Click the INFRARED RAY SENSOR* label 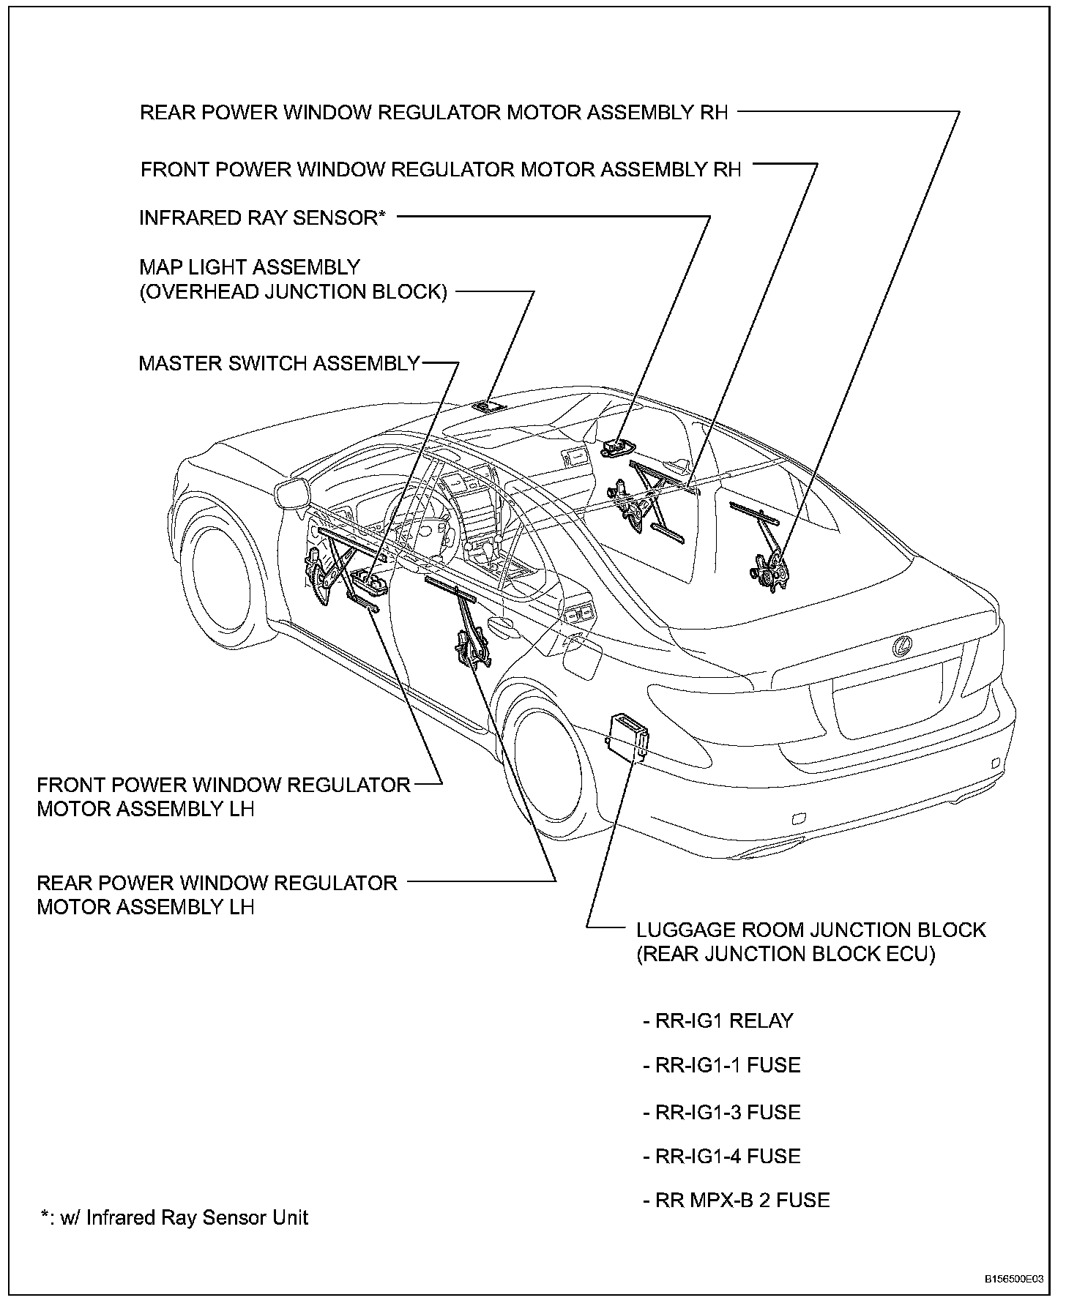[x=262, y=217]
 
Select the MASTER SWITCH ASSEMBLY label [x=279, y=363]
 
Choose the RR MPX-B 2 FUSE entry [x=736, y=1201]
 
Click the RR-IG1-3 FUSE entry [x=721, y=1112]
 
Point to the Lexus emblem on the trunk [x=903, y=646]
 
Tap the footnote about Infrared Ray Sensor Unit [x=175, y=1217]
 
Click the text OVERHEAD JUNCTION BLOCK [x=293, y=291]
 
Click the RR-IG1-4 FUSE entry [x=721, y=1156]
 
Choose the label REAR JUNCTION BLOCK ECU [x=786, y=954]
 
